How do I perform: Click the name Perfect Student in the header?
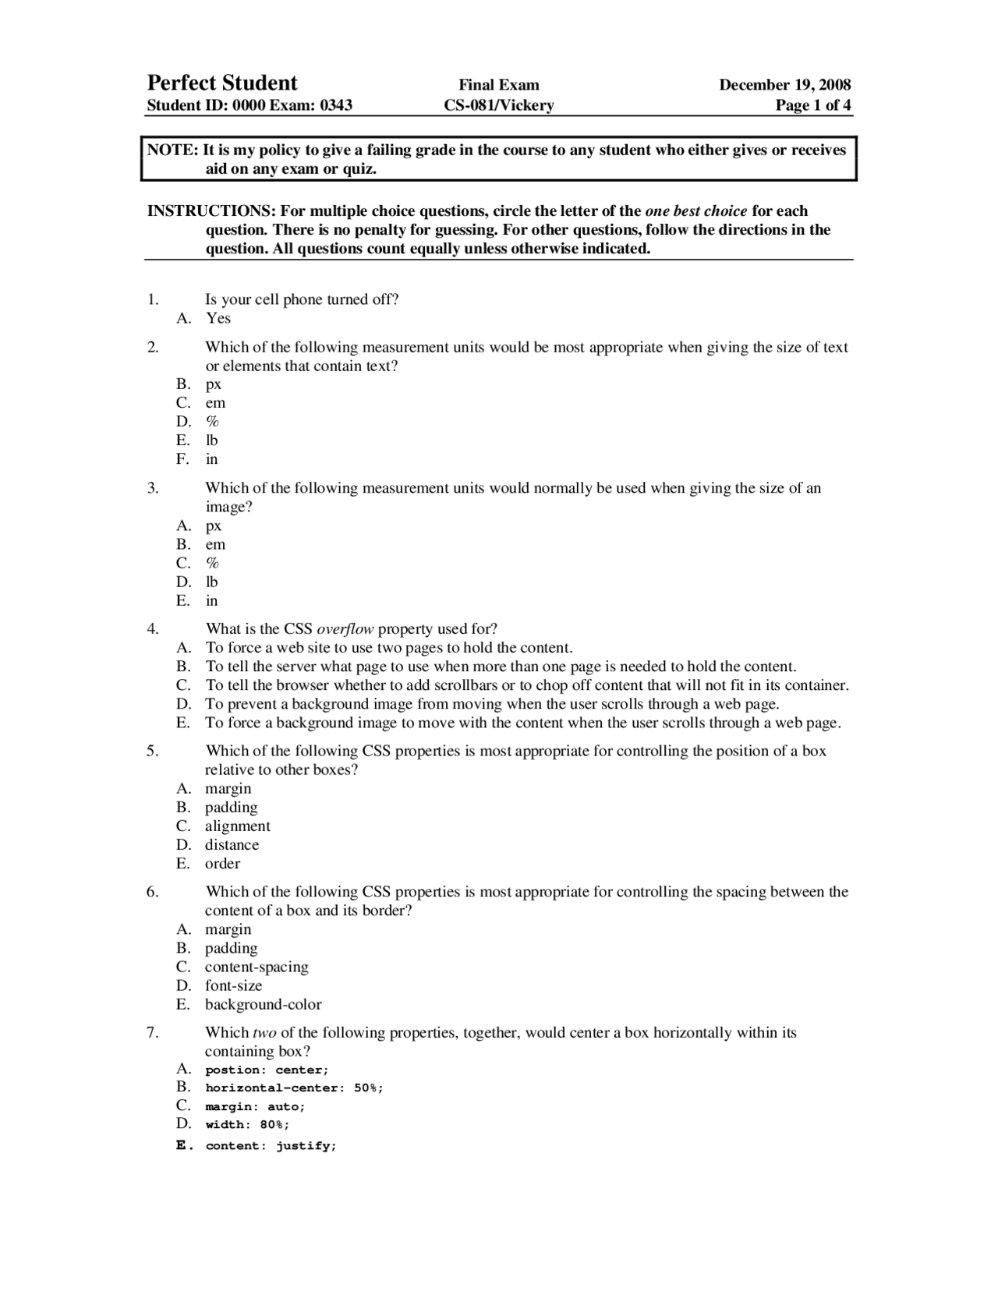222,83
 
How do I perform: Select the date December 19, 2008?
784,85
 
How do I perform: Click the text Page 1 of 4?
812,105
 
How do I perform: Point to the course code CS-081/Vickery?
498,105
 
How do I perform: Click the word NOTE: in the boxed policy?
173,150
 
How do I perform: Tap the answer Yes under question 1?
218,318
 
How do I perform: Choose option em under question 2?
215,403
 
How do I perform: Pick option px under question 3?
214,525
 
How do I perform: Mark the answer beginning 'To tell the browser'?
526,685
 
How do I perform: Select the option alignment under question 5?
238,826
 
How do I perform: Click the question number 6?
152,892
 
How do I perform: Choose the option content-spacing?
257,967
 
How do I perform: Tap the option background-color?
263,1005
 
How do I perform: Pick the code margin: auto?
255,1107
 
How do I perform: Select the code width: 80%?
247,1125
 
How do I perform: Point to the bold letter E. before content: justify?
183,1145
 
